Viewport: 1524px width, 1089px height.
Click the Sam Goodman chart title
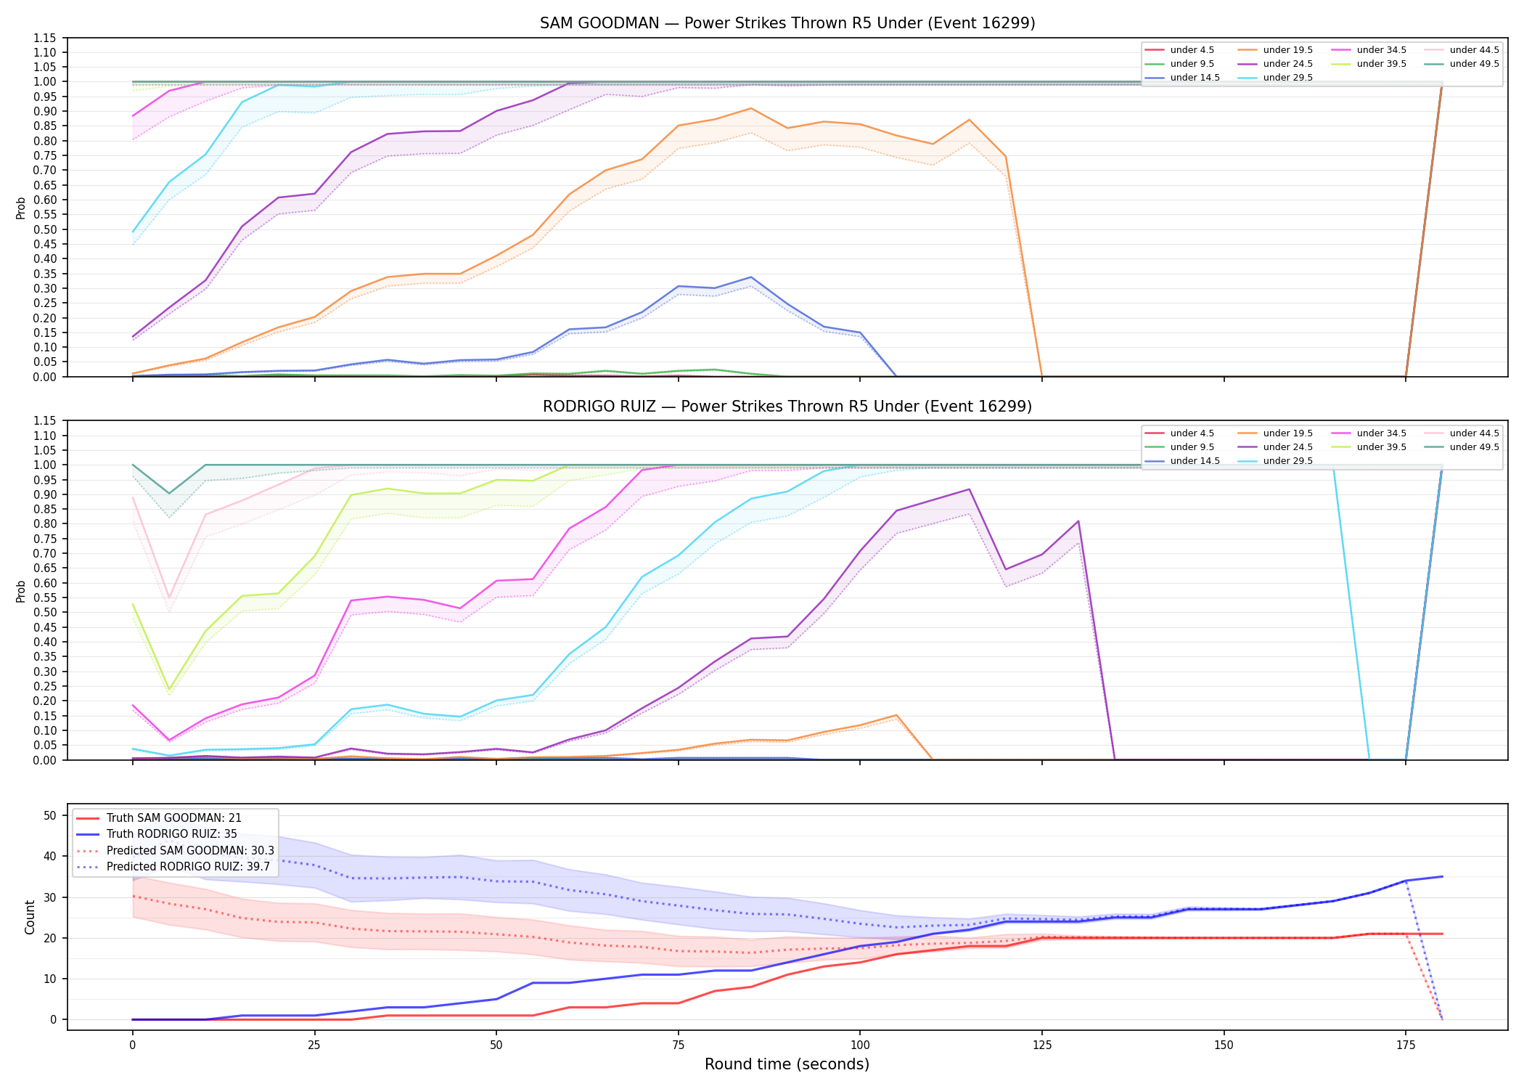[x=787, y=23]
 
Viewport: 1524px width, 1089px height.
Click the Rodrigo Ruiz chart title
[x=787, y=407]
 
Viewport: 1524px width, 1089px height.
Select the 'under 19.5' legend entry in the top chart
[x=1275, y=50]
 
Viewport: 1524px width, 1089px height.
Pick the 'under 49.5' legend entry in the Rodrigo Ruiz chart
[x=1462, y=447]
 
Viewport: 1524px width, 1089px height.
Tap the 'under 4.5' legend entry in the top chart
[x=1179, y=50]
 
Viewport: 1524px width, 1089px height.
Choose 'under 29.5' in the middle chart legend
[x=1275, y=461]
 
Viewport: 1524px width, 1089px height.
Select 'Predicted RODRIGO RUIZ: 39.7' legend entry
[x=173, y=867]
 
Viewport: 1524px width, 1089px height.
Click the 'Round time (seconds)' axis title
[x=787, y=1064]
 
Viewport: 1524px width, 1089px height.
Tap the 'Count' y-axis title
[x=30, y=917]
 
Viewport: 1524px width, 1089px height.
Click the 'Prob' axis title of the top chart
[x=21, y=208]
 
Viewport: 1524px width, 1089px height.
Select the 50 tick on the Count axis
[x=50, y=815]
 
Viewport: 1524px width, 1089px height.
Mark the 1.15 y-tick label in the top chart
[x=44, y=38]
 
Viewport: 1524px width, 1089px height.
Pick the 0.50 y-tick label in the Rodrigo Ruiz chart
[x=44, y=613]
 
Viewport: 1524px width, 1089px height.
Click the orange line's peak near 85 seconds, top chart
[x=751, y=108]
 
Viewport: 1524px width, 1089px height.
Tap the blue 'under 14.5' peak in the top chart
[x=751, y=277]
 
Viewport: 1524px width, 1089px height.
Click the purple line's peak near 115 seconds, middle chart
[x=969, y=489]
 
